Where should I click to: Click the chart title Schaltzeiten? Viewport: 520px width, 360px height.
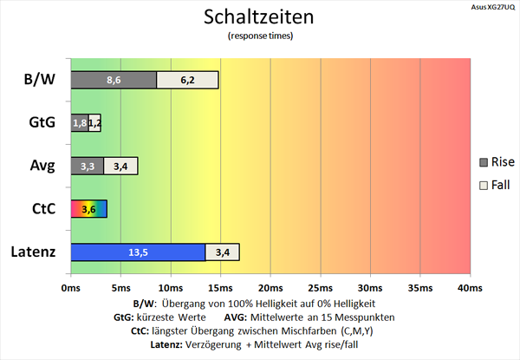click(x=260, y=17)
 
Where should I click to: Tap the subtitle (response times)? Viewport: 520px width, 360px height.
click(x=260, y=36)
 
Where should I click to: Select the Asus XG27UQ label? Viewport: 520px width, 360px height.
click(x=491, y=5)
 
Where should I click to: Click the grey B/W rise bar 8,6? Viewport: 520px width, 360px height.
click(x=114, y=80)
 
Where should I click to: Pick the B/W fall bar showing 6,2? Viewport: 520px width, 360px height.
click(x=188, y=80)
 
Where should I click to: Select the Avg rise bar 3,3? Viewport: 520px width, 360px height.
click(x=88, y=166)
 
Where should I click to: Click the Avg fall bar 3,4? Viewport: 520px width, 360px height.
click(x=120, y=166)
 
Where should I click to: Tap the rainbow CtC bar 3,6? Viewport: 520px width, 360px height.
click(x=88, y=208)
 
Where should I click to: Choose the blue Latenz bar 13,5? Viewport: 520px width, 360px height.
click(x=137, y=252)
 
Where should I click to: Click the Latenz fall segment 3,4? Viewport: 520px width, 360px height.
click(x=222, y=252)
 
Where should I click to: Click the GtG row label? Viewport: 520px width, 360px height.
click(x=40, y=122)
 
